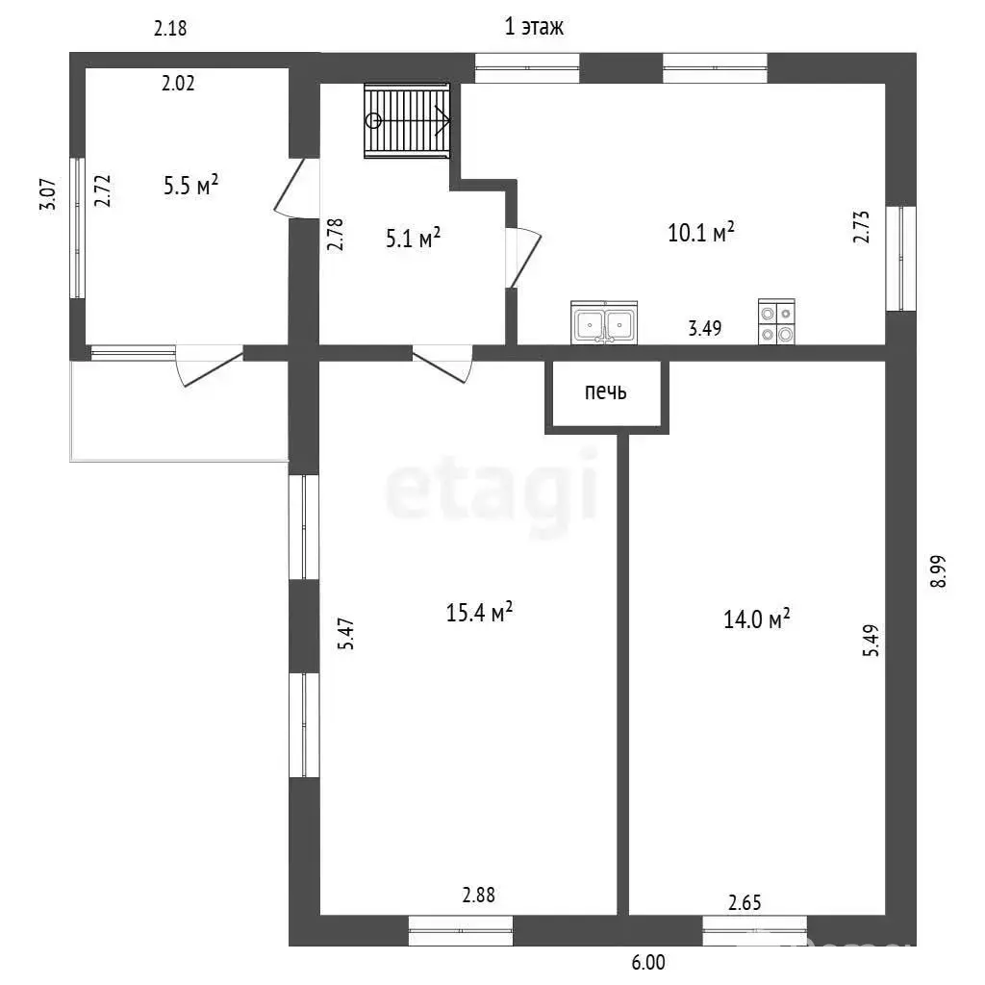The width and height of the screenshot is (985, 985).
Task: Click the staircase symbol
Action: [x=407, y=120]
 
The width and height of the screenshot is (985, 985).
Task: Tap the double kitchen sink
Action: [x=604, y=322]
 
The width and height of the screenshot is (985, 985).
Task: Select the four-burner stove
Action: [x=776, y=321]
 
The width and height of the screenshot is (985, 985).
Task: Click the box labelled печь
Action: [x=606, y=393]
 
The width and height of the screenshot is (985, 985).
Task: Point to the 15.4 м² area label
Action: [x=479, y=612]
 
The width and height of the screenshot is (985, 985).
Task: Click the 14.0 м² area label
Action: [x=756, y=619]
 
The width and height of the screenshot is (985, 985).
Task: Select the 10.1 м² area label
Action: [x=701, y=233]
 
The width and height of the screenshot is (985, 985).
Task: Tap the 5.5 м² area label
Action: [x=191, y=186]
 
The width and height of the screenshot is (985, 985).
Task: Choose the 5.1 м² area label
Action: [x=413, y=239]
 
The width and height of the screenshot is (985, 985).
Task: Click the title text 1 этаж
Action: [x=534, y=26]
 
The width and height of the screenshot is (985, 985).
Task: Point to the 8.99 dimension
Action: [x=938, y=571]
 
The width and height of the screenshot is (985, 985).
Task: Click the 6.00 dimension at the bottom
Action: [x=648, y=962]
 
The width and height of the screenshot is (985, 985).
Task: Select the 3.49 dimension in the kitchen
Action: [x=705, y=328]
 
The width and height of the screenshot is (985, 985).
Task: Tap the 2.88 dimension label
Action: [x=479, y=895]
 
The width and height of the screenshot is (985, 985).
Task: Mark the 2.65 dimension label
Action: [x=745, y=902]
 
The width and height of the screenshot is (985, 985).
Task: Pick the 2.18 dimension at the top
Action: [x=170, y=28]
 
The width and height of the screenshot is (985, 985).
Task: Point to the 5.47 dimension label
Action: [x=346, y=634]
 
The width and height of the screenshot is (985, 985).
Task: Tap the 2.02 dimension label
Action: [x=178, y=83]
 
